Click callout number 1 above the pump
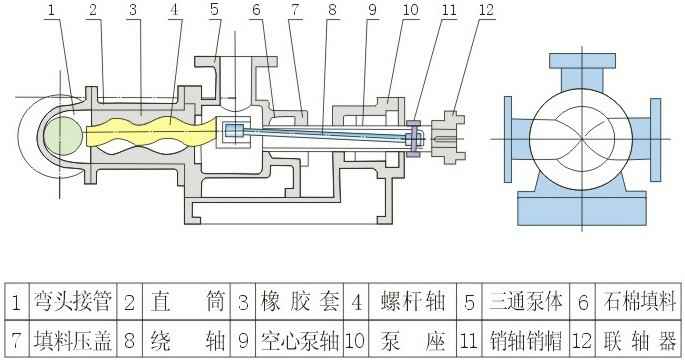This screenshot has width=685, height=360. pos(51,10)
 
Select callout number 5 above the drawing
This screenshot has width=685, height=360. pos(214,10)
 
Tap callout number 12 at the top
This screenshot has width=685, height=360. pos(458,10)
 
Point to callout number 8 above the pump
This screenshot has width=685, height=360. pos(332,10)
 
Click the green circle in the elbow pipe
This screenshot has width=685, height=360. pos(63,134)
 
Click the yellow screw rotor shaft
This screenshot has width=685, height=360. pos(140,134)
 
